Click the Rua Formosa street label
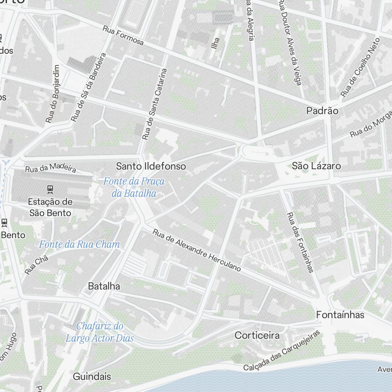[x=123, y=35]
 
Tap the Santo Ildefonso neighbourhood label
[x=151, y=166]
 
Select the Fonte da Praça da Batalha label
[x=134, y=187]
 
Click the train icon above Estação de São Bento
[x=50, y=189]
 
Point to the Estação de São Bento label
[x=50, y=207]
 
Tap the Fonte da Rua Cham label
[x=79, y=245]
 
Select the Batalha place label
[x=104, y=286]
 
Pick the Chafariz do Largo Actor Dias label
[x=100, y=332]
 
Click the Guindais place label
[x=92, y=377]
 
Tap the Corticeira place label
[x=257, y=335]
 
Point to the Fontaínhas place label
[x=340, y=315]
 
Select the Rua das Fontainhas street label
[x=300, y=242]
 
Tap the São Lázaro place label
[x=316, y=166]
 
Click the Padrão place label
[x=322, y=111]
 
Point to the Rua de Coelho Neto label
[x=360, y=67]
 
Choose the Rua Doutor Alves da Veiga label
[x=290, y=42]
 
